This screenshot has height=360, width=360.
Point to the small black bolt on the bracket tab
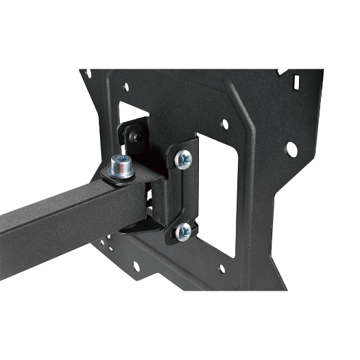point(136,138)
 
